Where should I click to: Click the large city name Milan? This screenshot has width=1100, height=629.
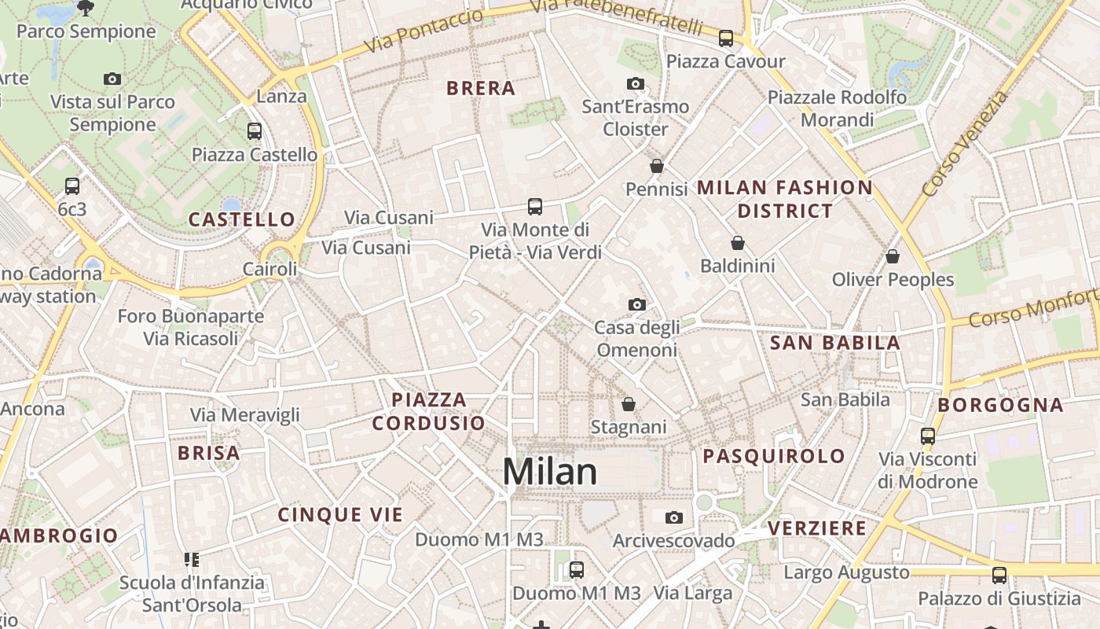pyautogui.click(x=549, y=472)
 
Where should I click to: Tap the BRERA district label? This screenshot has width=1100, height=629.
pyautogui.click(x=481, y=88)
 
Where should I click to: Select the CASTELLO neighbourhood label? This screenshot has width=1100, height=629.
pyautogui.click(x=242, y=219)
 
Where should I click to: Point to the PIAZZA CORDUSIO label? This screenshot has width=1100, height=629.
pyautogui.click(x=428, y=411)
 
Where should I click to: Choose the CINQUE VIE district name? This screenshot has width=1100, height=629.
pyautogui.click(x=340, y=515)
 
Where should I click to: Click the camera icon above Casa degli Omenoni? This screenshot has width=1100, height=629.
pyautogui.click(x=636, y=304)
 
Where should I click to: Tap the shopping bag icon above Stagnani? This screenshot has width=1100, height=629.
pyautogui.click(x=628, y=404)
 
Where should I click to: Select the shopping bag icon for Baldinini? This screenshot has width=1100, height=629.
pyautogui.click(x=737, y=244)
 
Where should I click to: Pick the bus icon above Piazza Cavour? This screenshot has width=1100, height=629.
pyautogui.click(x=726, y=38)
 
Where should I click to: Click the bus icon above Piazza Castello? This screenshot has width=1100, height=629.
pyautogui.click(x=255, y=131)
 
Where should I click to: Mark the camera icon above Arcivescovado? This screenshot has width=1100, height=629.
pyautogui.click(x=673, y=517)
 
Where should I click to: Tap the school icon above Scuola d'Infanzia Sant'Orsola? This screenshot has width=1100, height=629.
pyautogui.click(x=192, y=560)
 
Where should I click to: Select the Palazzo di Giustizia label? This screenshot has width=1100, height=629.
pyautogui.click(x=999, y=599)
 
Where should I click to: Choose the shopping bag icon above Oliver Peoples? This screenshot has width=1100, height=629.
pyautogui.click(x=892, y=256)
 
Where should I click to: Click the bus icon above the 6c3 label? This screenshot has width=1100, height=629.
pyautogui.click(x=72, y=186)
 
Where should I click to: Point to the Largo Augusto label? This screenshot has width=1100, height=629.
pyautogui.click(x=846, y=572)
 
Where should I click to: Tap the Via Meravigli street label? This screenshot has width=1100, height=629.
pyautogui.click(x=245, y=414)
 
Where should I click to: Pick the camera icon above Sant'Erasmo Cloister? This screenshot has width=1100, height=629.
pyautogui.click(x=635, y=83)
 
